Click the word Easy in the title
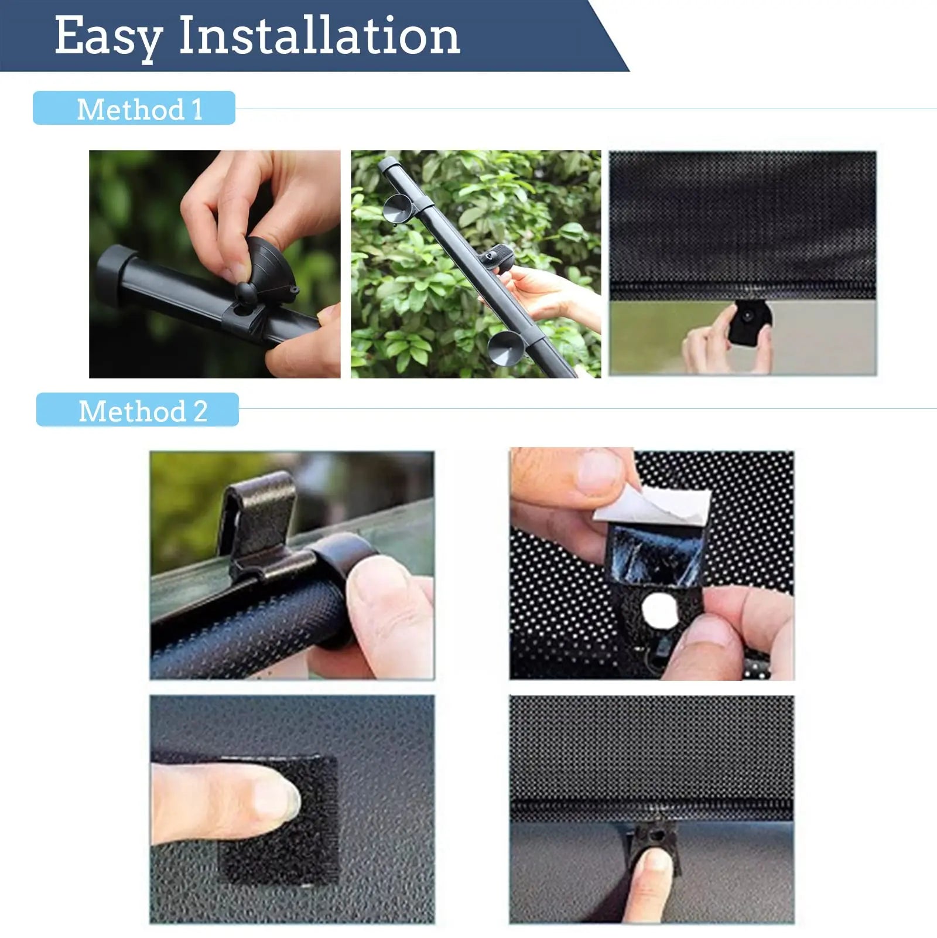pos(108,36)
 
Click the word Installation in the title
pos(319,36)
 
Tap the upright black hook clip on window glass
pos(258,516)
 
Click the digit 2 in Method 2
pos(200,411)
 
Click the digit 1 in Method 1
pos(196,109)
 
